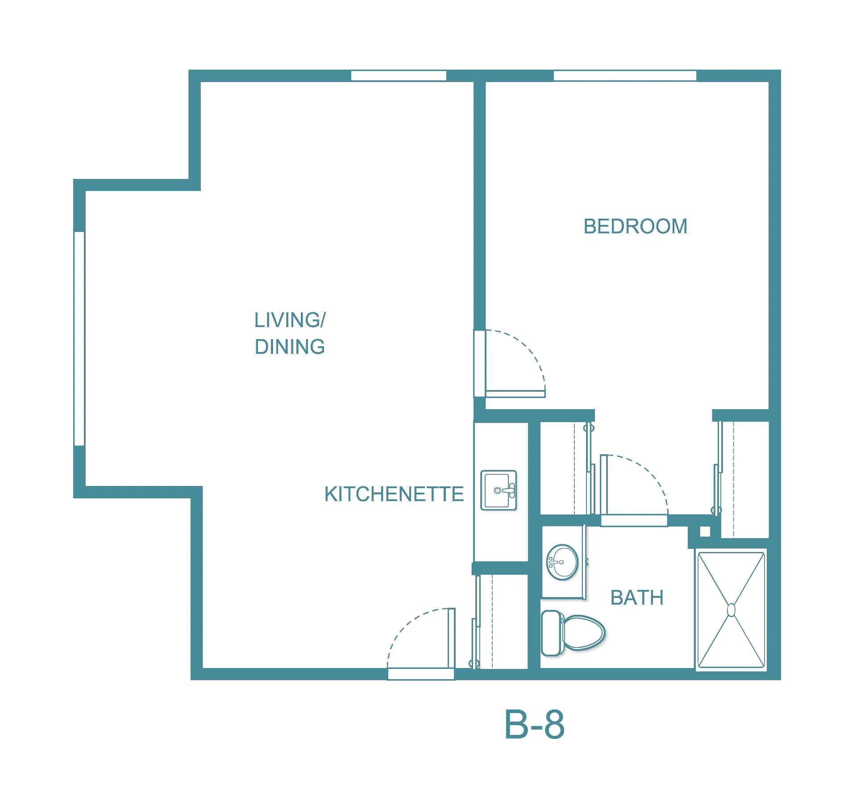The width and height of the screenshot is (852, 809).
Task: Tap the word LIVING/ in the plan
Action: coord(290,320)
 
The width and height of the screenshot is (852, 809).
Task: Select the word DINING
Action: coord(290,347)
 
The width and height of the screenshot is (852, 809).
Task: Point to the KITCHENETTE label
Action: coord(394,494)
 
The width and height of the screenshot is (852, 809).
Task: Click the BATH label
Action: coord(637,597)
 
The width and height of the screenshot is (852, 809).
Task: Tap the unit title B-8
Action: coord(534,724)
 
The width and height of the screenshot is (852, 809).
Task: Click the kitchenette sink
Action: coord(499,490)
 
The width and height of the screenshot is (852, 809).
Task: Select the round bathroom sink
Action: coord(562,562)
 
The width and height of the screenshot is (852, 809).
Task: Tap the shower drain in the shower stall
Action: coord(731,610)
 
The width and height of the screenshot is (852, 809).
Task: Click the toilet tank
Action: coord(552,633)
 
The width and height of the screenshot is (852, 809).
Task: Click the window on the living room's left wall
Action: coord(79,338)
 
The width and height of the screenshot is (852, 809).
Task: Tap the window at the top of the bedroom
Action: coord(625,76)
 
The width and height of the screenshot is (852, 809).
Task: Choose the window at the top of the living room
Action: coord(399,76)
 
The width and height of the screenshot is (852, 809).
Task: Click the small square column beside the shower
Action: coord(705,531)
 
